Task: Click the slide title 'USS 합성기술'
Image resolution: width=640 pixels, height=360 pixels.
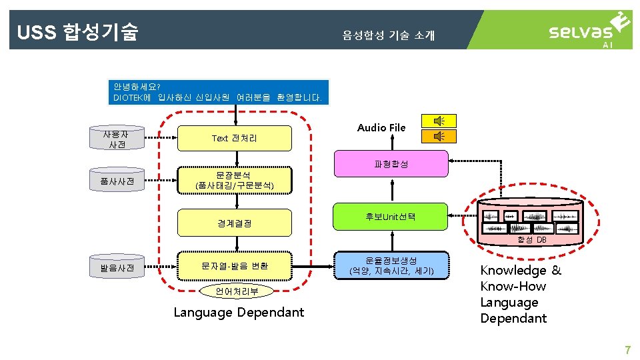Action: coord(77,31)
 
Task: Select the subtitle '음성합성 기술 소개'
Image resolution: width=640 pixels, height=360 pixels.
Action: coord(388,35)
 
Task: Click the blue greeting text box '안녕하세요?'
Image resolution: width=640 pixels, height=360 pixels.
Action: coord(217,92)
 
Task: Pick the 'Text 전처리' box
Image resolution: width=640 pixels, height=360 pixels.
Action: coord(234,138)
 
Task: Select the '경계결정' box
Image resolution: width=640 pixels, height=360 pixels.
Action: coord(234,223)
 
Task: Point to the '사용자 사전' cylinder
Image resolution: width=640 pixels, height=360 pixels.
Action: coord(116,139)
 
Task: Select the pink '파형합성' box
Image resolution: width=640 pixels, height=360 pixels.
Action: coord(391,163)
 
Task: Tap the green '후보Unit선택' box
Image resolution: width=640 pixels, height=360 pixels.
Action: coord(391,217)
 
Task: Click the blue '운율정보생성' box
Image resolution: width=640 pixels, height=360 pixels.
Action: coord(391,266)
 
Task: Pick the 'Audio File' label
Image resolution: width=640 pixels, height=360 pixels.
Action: coord(381,127)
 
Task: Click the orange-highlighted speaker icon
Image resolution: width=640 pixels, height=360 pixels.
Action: coord(439,136)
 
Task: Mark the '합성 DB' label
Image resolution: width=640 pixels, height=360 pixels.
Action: coord(531,240)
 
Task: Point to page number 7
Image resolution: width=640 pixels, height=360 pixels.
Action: coord(627,350)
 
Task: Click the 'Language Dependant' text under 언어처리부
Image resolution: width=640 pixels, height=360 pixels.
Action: coord(239,312)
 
